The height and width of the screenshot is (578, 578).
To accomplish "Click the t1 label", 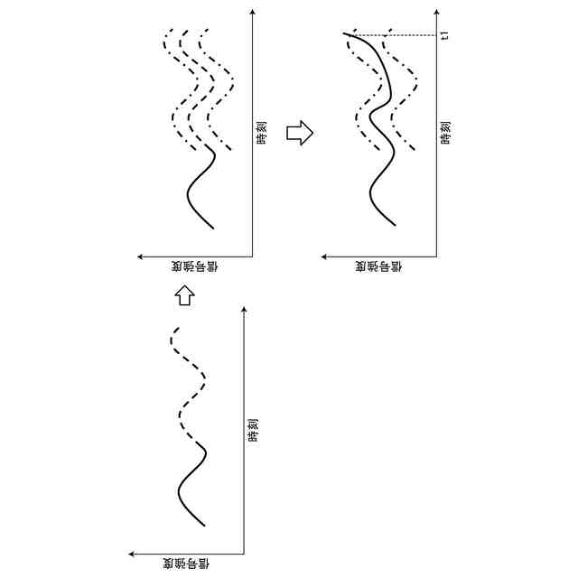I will coord(445,36).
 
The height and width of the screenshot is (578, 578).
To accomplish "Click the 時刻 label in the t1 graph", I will coord(445,133).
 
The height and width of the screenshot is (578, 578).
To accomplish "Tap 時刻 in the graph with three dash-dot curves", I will coord(261,133).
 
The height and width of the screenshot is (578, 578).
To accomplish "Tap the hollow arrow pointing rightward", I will coord(299,134).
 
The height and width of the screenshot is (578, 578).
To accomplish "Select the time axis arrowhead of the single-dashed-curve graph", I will coord(245,310).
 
